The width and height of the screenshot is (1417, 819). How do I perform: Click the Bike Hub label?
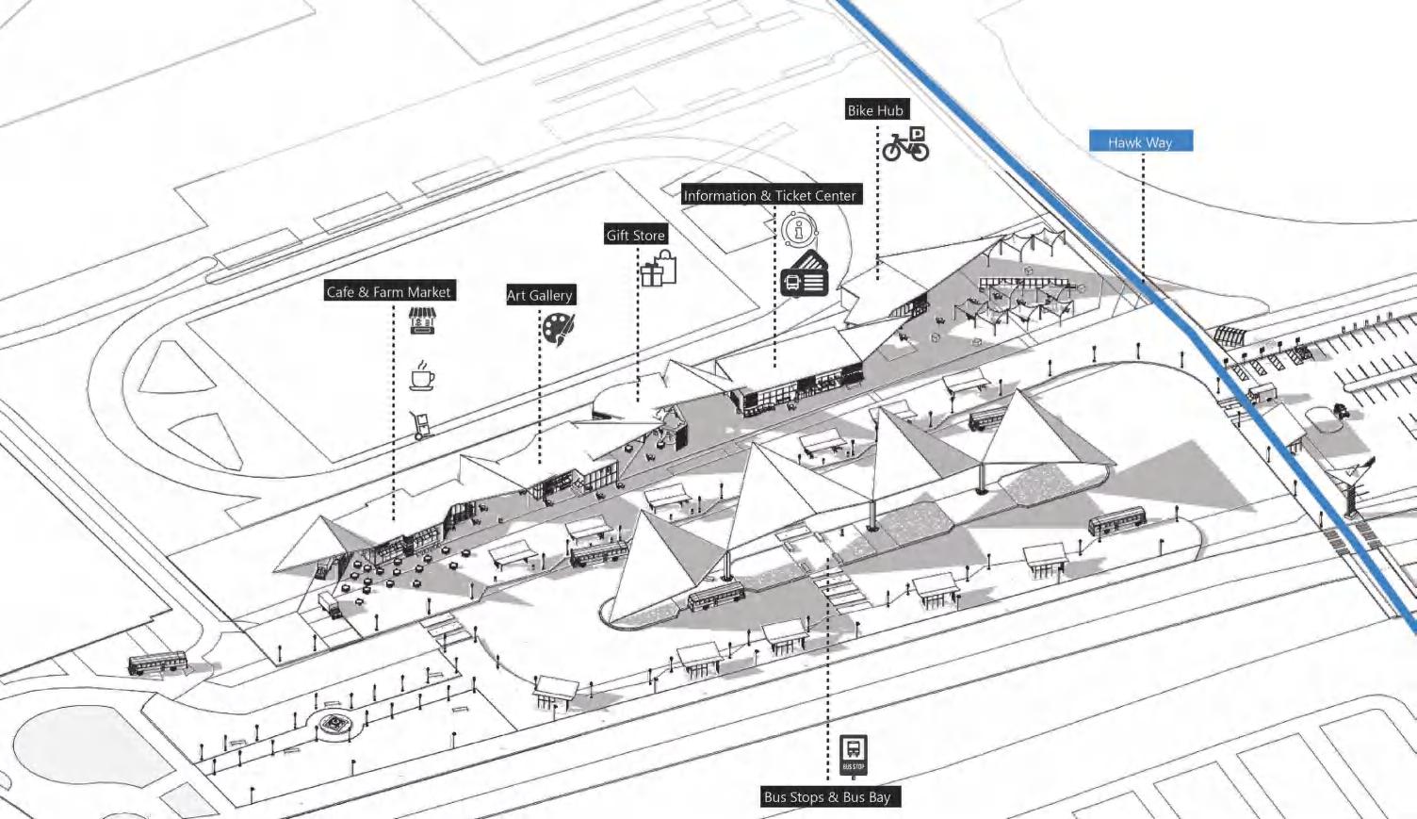pos(875,110)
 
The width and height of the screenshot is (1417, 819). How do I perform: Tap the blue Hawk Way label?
pos(1140,142)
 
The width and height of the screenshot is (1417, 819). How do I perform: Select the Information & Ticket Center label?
pos(770,196)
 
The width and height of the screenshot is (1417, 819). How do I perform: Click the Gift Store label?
pos(636,236)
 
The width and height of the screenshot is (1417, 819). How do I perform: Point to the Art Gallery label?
pos(540,295)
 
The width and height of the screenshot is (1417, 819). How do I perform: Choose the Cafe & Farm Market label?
pos(389,292)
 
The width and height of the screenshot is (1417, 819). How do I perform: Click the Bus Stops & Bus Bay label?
pos(827,797)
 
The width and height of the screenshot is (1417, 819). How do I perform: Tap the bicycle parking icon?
pos(905,145)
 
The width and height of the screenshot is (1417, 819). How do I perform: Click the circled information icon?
pos(800,229)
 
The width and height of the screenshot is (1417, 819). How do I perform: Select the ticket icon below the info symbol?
pos(804,276)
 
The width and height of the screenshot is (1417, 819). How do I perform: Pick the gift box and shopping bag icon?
pos(659,269)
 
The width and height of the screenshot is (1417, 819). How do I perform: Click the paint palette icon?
pos(558,328)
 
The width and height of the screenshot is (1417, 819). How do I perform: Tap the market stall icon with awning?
pos(421,320)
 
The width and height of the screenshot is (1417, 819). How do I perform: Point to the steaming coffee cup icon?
pos(422,375)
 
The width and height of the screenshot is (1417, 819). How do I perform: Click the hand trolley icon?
pos(421,425)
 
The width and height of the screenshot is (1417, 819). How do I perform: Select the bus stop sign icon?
pos(854,755)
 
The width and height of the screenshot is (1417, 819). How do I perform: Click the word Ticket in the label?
pos(793,196)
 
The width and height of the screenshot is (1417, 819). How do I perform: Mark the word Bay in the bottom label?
pos(879,797)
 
